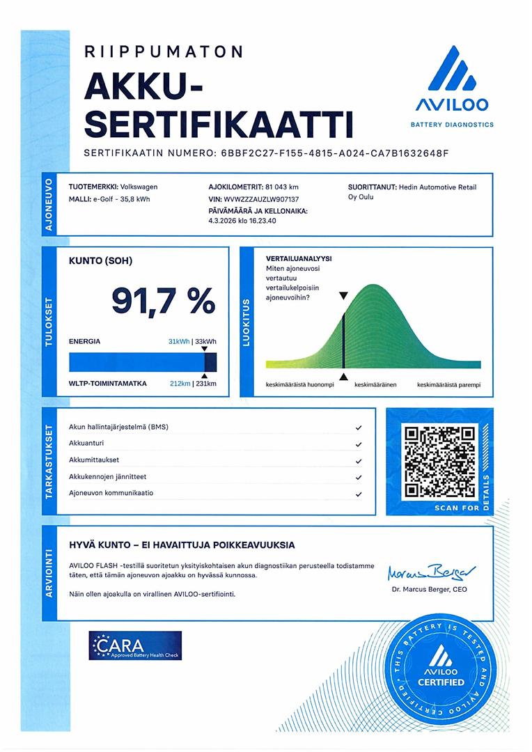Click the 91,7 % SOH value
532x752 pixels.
(x=164, y=300)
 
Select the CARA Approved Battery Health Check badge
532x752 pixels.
(x=135, y=645)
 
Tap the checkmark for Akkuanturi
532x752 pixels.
(x=358, y=444)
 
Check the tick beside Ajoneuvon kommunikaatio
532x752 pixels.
(x=358, y=494)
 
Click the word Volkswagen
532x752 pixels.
(x=139, y=187)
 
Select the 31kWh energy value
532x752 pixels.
(x=179, y=341)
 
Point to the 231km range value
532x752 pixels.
(x=206, y=384)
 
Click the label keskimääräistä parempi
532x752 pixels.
(x=448, y=385)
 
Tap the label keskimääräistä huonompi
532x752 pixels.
(x=300, y=385)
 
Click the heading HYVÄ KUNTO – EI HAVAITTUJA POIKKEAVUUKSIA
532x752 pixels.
(x=182, y=545)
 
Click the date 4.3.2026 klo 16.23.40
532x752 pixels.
(x=242, y=221)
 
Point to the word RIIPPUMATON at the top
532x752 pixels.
(x=164, y=52)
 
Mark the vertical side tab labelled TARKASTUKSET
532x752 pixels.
(x=49, y=461)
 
